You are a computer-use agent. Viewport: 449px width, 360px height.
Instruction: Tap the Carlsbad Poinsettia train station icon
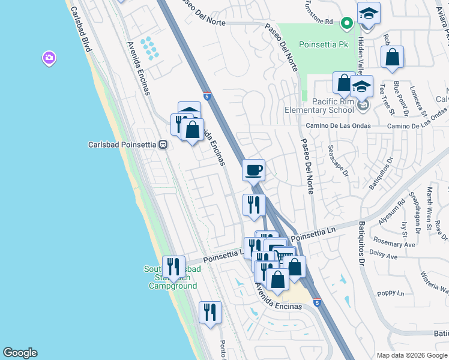coord(162,145)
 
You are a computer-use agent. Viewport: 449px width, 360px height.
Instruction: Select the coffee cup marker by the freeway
coord(253,170)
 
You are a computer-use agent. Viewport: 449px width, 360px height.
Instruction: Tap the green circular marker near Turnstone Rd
coord(346,23)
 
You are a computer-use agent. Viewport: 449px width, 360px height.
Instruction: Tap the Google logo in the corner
coord(20,353)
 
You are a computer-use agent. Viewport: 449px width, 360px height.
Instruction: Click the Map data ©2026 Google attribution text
coord(411,355)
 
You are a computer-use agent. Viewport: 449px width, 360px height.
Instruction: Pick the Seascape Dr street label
coord(337,160)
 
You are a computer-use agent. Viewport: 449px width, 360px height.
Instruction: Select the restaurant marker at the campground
coord(173,266)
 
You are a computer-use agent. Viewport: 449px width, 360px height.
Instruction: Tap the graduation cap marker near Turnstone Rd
coord(369,13)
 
